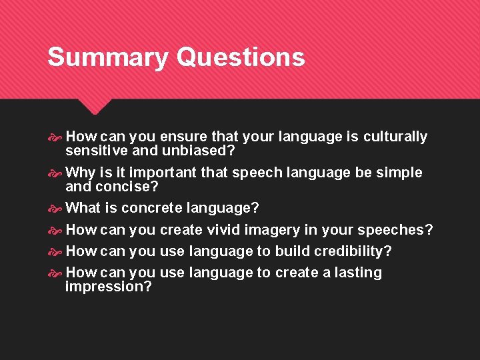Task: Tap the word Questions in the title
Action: (241, 57)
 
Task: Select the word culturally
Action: (395, 137)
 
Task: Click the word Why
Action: (81, 173)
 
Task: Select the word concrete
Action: (151, 208)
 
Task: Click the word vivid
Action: (223, 230)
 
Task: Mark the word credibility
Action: (352, 251)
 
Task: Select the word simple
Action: (399, 173)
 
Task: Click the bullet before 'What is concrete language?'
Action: (55, 209)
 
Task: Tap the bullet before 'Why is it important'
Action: (55, 173)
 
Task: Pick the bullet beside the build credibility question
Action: (55, 252)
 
